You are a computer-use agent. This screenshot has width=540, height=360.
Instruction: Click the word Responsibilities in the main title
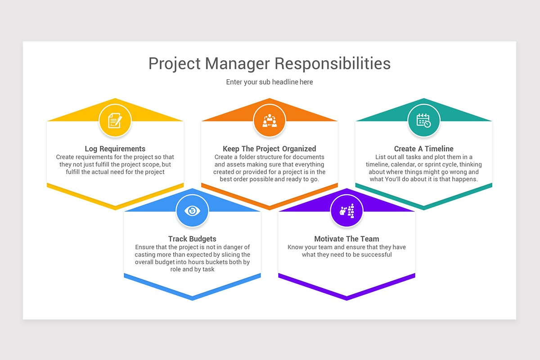click(333, 63)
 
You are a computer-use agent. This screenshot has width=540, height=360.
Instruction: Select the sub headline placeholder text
click(270, 82)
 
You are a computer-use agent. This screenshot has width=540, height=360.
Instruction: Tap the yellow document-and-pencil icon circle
click(115, 121)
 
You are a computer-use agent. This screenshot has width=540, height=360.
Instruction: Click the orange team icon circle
click(270, 121)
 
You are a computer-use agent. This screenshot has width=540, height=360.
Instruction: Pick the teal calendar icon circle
click(423, 121)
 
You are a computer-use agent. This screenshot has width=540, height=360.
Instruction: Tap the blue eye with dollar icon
click(192, 211)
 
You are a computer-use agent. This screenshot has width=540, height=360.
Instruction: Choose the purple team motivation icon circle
click(346, 211)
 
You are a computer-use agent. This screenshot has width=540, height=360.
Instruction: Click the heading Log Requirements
click(115, 149)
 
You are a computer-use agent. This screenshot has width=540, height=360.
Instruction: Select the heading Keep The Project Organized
click(270, 149)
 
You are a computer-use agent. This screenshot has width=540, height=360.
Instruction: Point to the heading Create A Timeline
click(423, 149)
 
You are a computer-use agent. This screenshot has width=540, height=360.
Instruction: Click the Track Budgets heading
click(192, 239)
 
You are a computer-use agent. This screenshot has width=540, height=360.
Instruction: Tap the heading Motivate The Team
click(346, 239)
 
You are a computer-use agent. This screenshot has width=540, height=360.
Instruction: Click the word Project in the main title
click(175, 63)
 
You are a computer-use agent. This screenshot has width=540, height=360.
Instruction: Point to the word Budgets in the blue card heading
click(202, 239)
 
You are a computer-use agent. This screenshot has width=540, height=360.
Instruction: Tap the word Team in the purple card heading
click(370, 239)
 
